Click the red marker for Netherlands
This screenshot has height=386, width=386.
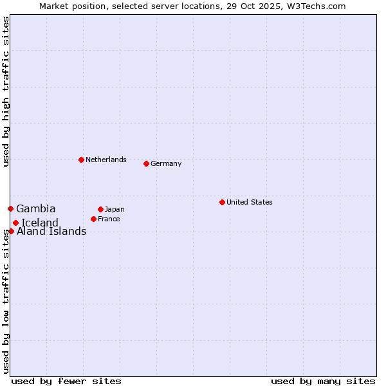(x=81, y=160)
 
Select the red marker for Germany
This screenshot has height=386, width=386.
(x=146, y=163)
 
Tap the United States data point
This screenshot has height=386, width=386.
(x=222, y=202)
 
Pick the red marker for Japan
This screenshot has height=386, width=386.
(x=100, y=209)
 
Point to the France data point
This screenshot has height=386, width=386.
(x=93, y=219)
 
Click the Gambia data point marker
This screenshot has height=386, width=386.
(x=10, y=208)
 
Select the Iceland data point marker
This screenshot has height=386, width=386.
(x=15, y=223)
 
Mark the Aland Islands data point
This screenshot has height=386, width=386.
(x=11, y=231)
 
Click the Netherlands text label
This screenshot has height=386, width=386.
(x=106, y=160)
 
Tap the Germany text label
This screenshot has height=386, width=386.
(x=166, y=163)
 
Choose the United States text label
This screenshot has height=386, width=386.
(x=250, y=202)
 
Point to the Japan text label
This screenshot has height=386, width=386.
(x=115, y=209)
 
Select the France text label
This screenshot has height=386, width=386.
(x=109, y=219)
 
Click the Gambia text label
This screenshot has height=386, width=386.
(x=36, y=208)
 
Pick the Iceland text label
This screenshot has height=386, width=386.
(x=40, y=223)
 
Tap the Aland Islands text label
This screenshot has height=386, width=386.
(x=51, y=232)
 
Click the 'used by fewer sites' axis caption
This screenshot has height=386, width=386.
(x=66, y=381)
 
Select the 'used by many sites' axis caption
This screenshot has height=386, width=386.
(x=323, y=381)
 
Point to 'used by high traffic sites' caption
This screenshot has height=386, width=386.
(x=6, y=91)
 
